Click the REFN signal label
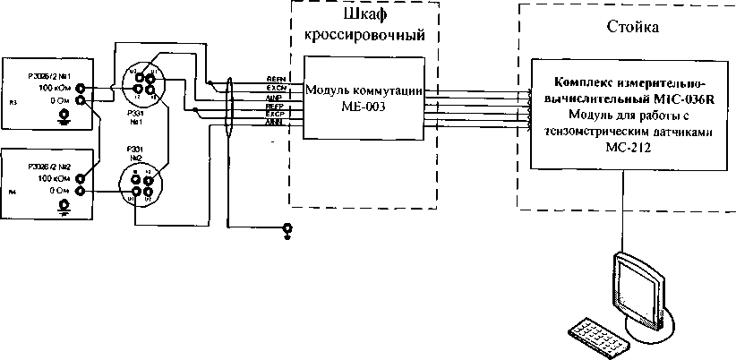[275, 80]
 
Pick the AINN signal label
[275, 123]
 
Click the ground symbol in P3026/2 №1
[63, 116]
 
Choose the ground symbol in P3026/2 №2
[63, 207]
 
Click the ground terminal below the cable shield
[287, 230]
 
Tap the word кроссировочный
[371, 36]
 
